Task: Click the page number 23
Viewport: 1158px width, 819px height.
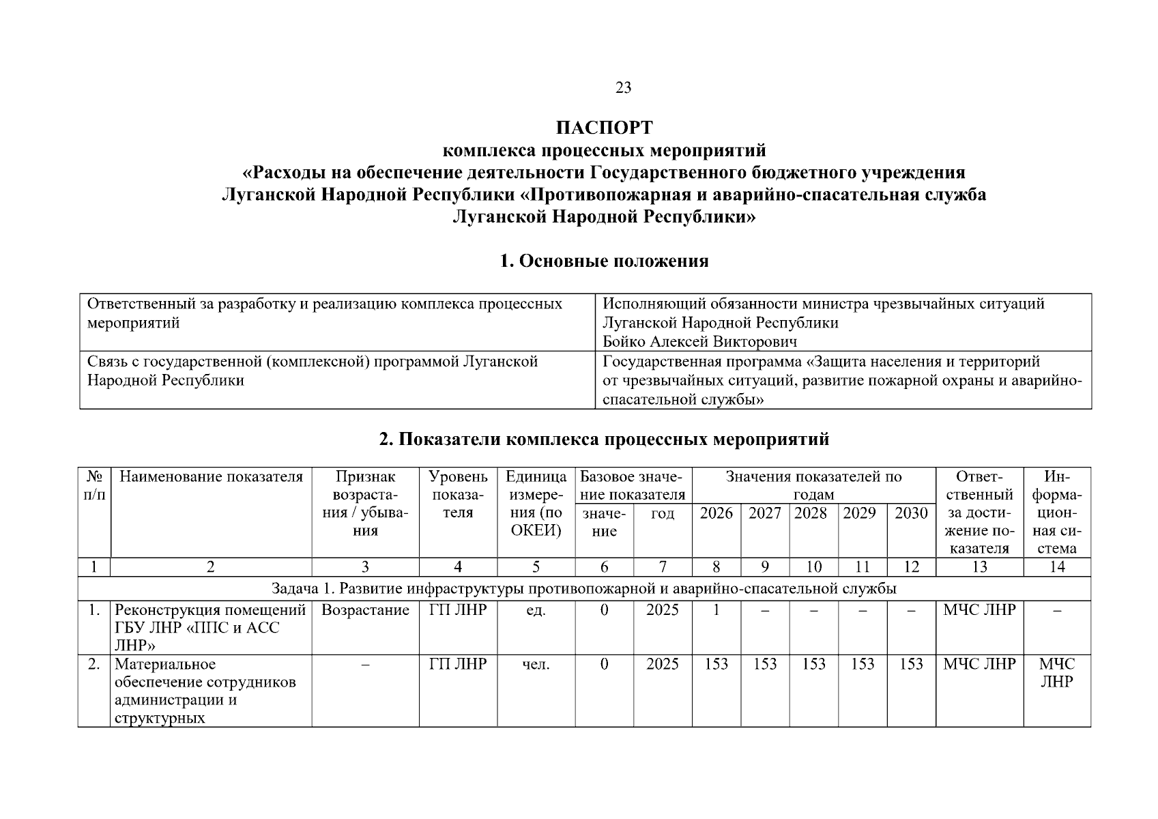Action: [x=623, y=87]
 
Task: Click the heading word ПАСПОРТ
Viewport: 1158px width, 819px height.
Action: [x=604, y=128]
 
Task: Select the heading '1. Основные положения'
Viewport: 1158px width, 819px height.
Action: [x=604, y=261]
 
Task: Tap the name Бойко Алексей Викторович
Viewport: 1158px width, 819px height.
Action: [x=699, y=341]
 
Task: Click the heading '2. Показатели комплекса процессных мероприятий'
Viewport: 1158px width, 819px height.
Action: [x=604, y=440]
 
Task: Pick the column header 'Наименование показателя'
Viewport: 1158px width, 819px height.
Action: [x=211, y=476]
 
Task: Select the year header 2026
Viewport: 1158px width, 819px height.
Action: [x=716, y=513]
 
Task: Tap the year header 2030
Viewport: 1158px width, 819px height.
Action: [x=911, y=513]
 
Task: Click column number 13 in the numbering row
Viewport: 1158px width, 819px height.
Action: [x=979, y=567]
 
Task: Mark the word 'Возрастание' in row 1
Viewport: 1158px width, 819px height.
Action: [x=365, y=610]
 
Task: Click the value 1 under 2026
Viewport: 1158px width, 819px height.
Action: [x=716, y=610]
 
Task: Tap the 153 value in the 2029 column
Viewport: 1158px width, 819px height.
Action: [x=862, y=664]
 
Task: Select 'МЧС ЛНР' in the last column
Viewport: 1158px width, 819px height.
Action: [x=1056, y=673]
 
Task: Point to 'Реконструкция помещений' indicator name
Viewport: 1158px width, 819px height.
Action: [x=209, y=610]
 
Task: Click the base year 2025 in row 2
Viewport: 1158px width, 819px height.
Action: [x=662, y=664]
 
